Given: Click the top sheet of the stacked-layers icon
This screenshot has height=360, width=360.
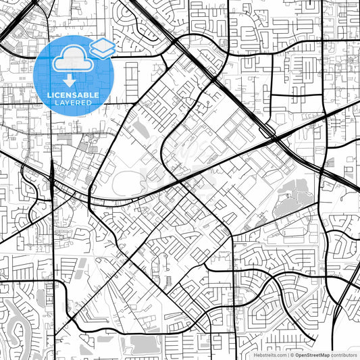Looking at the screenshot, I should pyautogui.click(x=103, y=44).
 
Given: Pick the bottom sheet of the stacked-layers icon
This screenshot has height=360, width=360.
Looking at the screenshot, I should pyautogui.click(x=103, y=51).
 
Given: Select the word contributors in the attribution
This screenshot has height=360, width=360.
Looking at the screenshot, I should pyautogui.click(x=344, y=355).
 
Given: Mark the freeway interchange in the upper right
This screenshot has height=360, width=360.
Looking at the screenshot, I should pyautogui.click(x=274, y=135).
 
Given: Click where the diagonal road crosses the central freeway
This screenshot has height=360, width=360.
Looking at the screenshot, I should pyautogui.click(x=181, y=180).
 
